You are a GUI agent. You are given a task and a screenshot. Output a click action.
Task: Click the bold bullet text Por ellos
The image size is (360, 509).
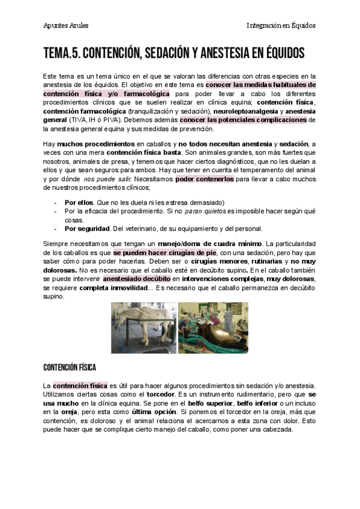(x=79, y=203)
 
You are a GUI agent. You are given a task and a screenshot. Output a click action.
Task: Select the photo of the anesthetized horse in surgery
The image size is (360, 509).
(x=213, y=327)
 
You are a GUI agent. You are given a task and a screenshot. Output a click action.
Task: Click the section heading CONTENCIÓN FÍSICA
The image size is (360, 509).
(x=70, y=367)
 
